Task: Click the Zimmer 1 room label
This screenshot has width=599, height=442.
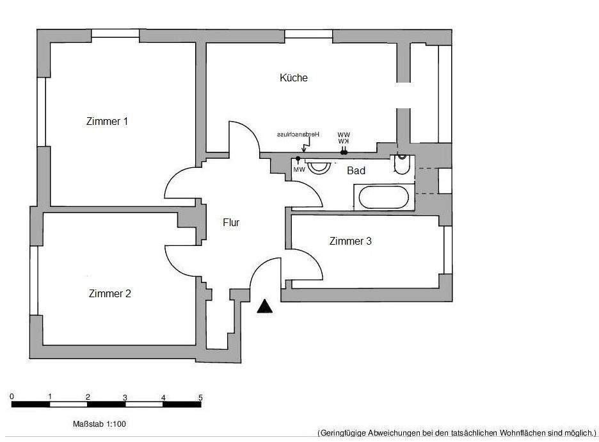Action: click(107, 121)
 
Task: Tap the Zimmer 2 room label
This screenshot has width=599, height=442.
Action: click(109, 293)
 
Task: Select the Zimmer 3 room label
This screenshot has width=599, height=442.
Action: click(350, 241)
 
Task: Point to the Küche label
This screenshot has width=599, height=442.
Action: click(294, 78)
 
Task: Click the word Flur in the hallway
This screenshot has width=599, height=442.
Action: click(231, 223)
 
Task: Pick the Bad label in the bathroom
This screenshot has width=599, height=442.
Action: click(356, 171)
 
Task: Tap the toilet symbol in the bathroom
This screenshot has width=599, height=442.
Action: click(401, 165)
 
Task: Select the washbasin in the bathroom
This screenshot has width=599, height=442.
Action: click(318, 167)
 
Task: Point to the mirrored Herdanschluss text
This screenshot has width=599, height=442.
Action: click(298, 135)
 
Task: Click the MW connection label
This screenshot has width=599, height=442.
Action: click(299, 170)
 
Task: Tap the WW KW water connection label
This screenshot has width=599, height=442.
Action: click(344, 138)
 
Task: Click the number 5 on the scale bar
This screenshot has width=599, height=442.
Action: click(200, 398)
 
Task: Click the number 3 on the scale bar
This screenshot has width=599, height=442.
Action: click(125, 398)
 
